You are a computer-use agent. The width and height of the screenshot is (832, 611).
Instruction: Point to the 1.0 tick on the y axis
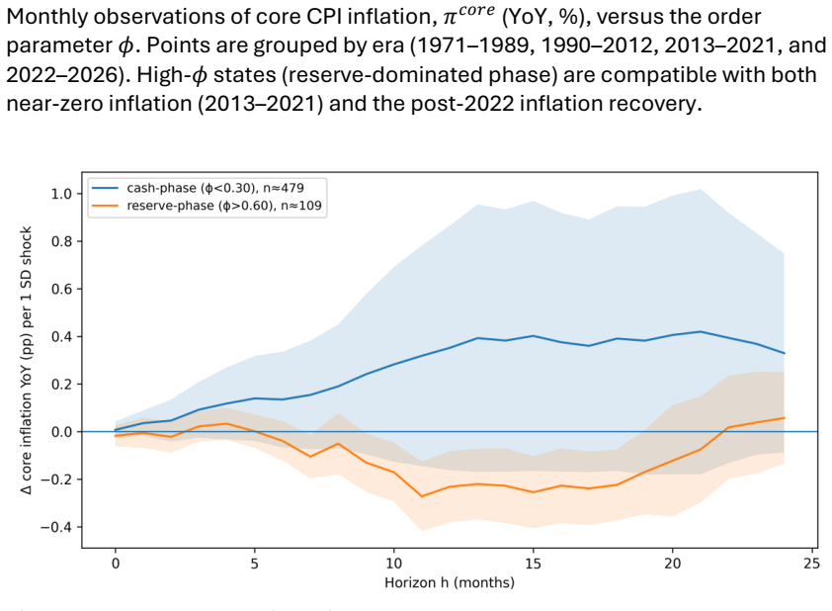[61, 194]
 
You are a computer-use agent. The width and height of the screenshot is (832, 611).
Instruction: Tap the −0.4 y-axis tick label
[57, 527]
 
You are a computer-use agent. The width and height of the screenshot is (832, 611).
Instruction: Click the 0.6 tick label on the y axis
[61, 290]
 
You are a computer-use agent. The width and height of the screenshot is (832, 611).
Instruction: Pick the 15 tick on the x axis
[533, 564]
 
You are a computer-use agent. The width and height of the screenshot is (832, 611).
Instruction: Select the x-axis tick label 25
[811, 564]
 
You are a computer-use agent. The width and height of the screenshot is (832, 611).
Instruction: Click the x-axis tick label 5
[255, 564]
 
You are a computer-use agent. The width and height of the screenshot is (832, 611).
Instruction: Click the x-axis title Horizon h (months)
[450, 583]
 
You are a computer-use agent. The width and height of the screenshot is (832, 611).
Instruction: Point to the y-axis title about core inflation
[27, 360]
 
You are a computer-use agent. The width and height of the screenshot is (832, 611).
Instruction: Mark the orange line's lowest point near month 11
[422, 496]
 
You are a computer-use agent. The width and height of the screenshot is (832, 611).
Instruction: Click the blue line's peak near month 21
[701, 332]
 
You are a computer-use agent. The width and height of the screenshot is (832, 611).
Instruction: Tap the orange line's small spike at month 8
[338, 443]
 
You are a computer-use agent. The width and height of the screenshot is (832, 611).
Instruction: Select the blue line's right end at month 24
[785, 353]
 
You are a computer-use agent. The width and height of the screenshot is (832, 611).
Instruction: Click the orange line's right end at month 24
[785, 418]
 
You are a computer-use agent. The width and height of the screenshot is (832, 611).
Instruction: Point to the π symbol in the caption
[451, 19]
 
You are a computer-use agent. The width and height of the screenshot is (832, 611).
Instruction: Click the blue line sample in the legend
[105, 189]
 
